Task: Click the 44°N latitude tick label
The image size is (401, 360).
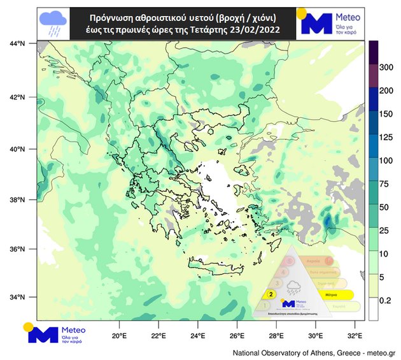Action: point(18,43)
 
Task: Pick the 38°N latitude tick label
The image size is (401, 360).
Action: point(18,199)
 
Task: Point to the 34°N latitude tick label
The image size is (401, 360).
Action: point(18,298)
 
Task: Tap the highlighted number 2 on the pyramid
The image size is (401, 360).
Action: point(271,294)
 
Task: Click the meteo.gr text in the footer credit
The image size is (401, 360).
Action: point(382,352)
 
